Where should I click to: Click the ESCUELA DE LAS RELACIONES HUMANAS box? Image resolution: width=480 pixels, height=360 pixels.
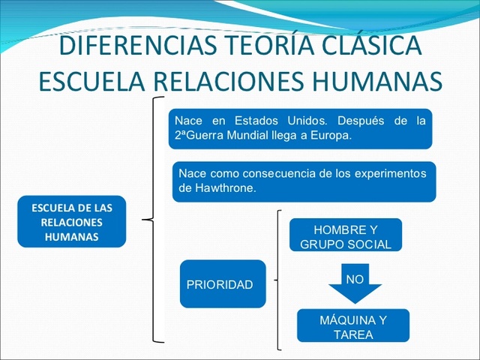72,222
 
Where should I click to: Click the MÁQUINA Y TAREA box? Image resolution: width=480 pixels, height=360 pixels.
353,328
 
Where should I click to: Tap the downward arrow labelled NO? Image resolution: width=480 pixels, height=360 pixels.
355,284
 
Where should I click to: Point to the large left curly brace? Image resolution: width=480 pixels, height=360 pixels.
154,220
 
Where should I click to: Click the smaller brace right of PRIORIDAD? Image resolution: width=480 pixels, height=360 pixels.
278,280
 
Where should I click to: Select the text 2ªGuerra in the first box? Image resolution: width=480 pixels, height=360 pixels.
196,136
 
